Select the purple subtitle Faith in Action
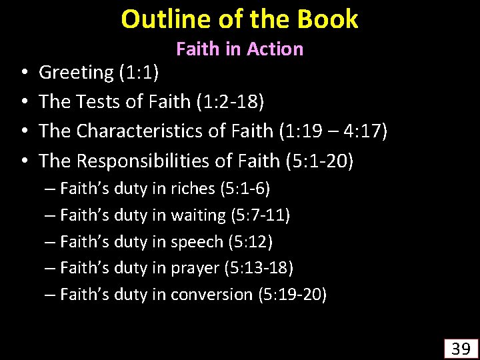pos(239,49)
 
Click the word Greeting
pos(77,73)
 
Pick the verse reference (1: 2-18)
pos(228,101)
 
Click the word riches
pos(193,189)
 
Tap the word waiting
pos(199,215)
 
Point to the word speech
pos(198,241)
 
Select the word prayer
pos(195,267)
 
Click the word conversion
pos(211,293)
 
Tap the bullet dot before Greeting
pos(23,73)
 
